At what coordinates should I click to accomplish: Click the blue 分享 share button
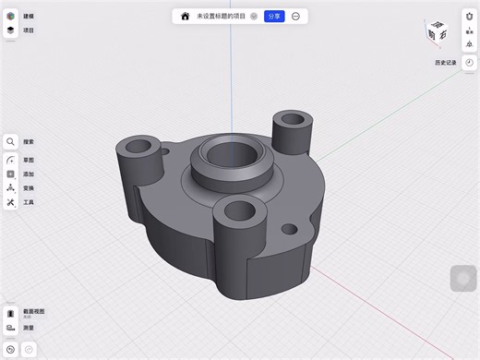click(x=274, y=16)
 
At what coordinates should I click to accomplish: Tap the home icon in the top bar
click(x=185, y=16)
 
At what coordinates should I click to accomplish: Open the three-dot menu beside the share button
click(x=295, y=16)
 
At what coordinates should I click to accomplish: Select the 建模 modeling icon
click(x=10, y=16)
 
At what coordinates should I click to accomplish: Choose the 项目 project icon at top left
click(x=10, y=30)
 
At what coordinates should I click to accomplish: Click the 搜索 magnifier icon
click(x=10, y=142)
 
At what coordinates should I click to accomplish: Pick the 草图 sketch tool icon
click(x=10, y=159)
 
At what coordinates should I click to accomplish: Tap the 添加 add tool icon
click(x=10, y=174)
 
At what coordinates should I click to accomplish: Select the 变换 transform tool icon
click(x=10, y=187)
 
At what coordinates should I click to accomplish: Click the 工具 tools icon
click(x=10, y=202)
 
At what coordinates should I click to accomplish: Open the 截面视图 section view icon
click(x=10, y=313)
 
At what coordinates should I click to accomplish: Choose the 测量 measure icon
click(x=10, y=328)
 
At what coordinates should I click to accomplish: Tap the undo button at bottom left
click(x=10, y=350)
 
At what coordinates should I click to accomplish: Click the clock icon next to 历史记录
click(x=469, y=62)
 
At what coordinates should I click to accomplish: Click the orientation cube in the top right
click(x=438, y=33)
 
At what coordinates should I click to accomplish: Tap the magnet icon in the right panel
click(x=469, y=16)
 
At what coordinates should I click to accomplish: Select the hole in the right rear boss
click(x=294, y=119)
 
